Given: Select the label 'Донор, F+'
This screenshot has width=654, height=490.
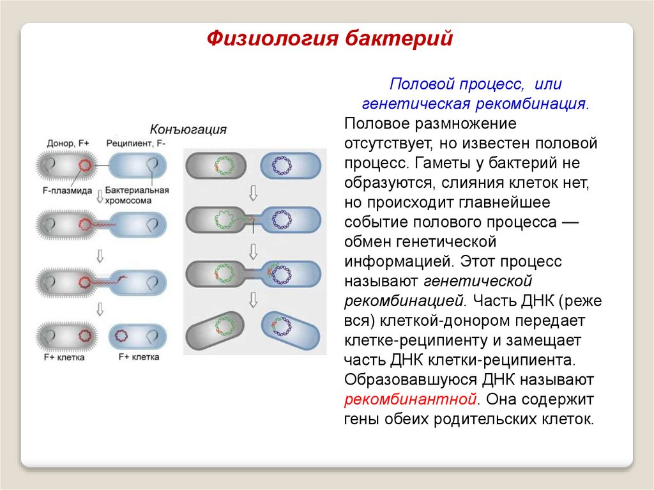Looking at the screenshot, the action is (68, 144).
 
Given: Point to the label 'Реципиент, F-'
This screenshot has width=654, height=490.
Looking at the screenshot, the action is (136, 144).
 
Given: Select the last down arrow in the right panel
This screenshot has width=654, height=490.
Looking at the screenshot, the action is (253, 298).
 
